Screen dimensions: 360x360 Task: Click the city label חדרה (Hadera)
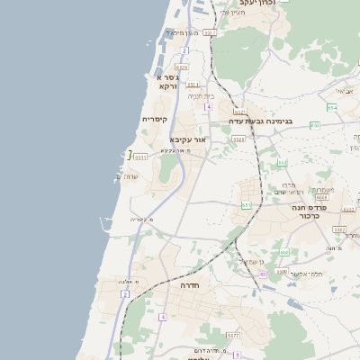click(x=188, y=284)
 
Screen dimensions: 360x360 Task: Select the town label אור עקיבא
click(x=188, y=139)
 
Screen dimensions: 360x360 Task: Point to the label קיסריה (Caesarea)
click(x=155, y=119)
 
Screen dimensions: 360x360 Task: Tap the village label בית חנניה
click(x=200, y=95)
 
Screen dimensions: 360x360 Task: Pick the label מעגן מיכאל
click(x=183, y=32)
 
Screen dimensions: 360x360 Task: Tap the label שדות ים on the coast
click(x=128, y=176)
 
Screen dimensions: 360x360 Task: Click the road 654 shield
click(x=332, y=107)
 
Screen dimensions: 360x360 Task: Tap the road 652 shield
click(x=282, y=162)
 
